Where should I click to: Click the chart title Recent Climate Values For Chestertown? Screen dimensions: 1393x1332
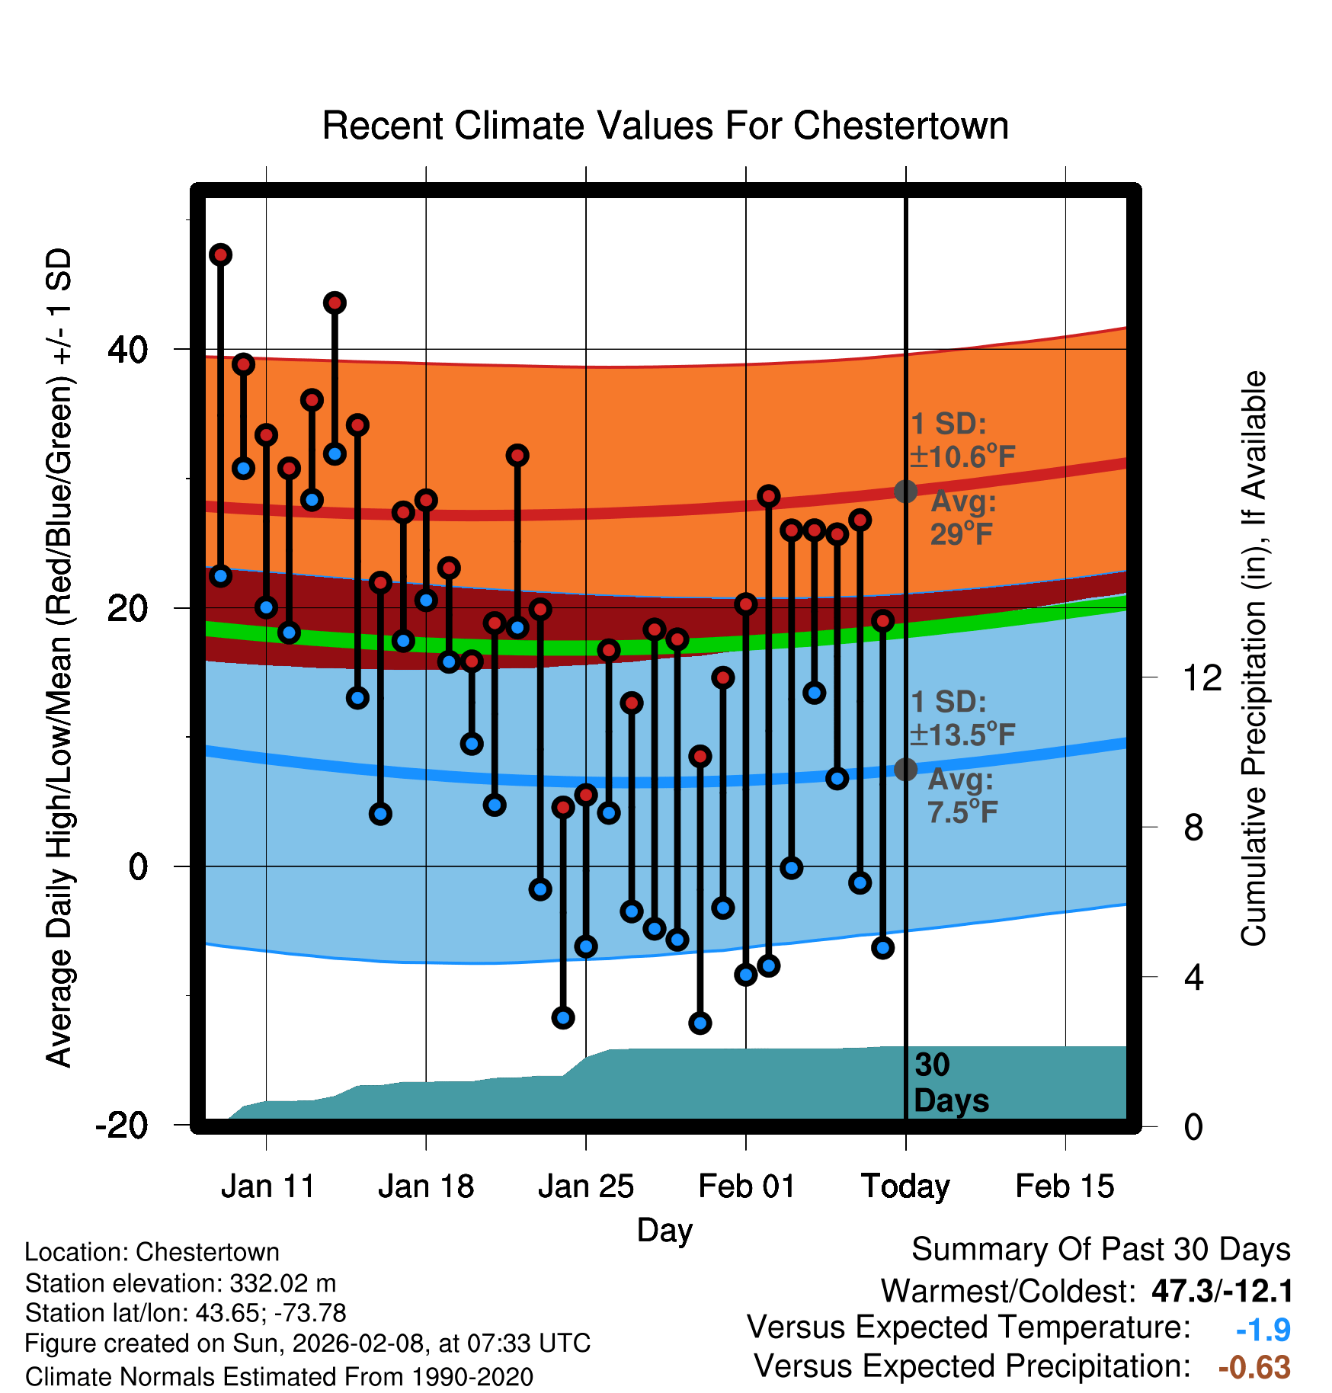point(665,126)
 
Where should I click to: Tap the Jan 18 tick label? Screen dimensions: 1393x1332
point(426,1186)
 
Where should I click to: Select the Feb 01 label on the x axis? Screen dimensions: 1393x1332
point(747,1186)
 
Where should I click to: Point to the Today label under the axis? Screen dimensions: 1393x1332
point(905,1186)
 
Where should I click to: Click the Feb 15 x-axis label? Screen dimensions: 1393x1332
point(1065,1186)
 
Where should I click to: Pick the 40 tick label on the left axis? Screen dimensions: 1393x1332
point(128,350)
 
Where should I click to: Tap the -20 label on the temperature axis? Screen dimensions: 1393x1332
point(122,1125)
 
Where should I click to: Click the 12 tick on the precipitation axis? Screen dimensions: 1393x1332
point(1202,677)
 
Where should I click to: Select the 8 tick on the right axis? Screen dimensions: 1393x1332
point(1193,828)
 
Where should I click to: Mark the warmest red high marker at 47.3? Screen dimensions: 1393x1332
point(221,255)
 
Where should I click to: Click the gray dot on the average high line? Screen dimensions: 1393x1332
point(905,492)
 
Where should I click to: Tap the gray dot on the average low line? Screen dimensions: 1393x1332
point(905,770)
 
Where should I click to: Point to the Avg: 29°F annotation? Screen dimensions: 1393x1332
point(962,518)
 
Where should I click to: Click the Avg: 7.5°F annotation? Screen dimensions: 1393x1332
point(962,796)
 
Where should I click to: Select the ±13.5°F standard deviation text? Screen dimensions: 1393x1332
point(962,735)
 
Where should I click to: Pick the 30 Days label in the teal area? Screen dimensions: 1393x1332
point(950,1083)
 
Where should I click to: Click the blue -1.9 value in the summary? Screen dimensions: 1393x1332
point(1263,1330)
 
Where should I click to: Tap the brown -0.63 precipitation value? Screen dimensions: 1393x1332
point(1254,1367)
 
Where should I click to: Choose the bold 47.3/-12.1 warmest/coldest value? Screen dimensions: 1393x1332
point(1222,1291)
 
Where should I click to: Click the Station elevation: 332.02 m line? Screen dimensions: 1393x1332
point(181,1283)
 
